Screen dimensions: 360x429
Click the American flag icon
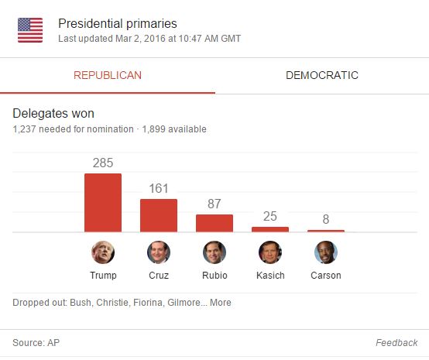[30, 30]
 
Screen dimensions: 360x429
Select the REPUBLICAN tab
[108, 75]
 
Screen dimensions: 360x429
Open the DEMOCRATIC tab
[321, 75]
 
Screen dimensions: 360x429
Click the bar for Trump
[103, 202]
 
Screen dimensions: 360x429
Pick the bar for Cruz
[159, 215]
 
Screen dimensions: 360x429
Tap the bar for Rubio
[214, 223]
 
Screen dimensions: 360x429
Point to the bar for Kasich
[270, 229]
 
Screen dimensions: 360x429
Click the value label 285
[103, 163]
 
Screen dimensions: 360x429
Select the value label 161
[159, 189]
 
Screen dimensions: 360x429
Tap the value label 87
[214, 204]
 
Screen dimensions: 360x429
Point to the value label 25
[270, 217]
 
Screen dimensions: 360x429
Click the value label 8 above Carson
[326, 220]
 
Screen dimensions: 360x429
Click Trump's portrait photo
[103, 252]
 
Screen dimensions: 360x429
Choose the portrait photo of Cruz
[159, 252]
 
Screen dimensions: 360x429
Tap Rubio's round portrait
[214, 252]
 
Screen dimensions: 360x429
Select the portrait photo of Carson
[326, 252]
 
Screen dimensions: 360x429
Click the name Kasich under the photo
[270, 276]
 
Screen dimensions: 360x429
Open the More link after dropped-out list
[220, 303]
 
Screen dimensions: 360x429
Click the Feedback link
[396, 343]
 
